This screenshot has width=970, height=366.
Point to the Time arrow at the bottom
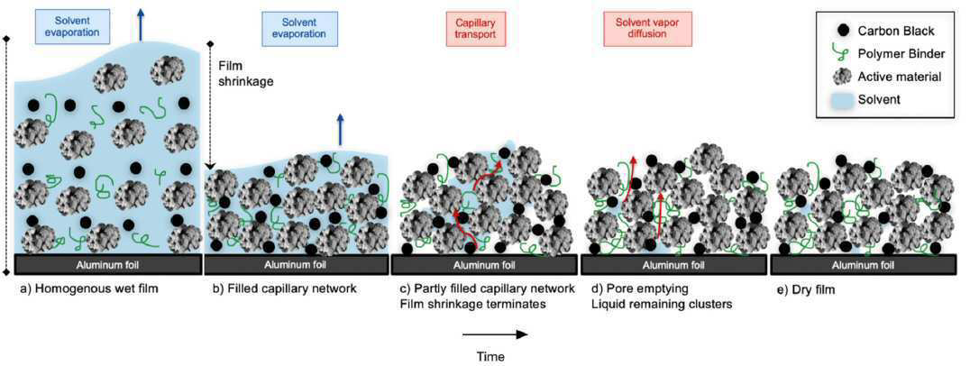495,334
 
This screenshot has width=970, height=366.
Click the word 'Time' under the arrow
490,356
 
